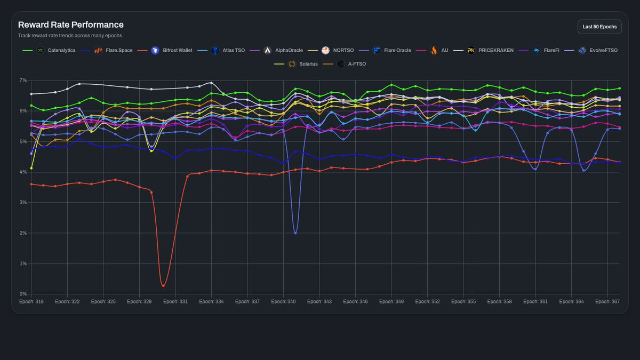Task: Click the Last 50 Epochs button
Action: pos(599,27)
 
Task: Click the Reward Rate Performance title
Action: pos(71,25)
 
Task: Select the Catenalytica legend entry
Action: pos(49,50)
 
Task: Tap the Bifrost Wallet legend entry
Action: pos(165,50)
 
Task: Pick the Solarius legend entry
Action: pos(295,64)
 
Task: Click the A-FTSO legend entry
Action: pos(345,64)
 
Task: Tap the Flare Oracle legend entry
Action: pos(385,50)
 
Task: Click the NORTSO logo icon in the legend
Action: pos(325,50)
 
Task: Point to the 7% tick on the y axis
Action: pos(23,81)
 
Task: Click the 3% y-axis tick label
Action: pos(23,202)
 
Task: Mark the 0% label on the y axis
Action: pos(23,294)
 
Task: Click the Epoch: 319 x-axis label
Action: pos(31,301)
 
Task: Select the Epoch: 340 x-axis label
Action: pos(283,301)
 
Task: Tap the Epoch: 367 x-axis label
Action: pos(607,301)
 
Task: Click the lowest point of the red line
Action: pos(163,286)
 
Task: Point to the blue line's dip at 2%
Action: pos(295,233)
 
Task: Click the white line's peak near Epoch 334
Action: pos(211,83)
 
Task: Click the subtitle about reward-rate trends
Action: pos(70,35)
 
